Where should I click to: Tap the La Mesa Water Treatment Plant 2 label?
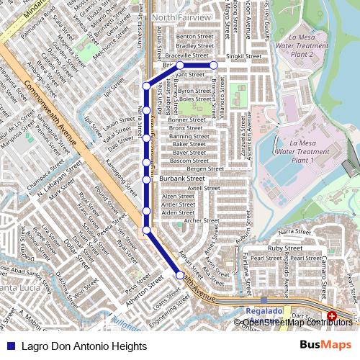coord(311,44)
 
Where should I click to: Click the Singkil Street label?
coord(243,55)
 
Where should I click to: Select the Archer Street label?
coord(201,221)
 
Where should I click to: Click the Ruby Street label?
coord(284,248)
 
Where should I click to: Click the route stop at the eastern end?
coord(214,66)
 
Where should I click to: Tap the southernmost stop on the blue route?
coord(180,275)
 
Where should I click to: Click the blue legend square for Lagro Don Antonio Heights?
coord(9,346)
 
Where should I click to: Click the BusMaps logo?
coord(325,345)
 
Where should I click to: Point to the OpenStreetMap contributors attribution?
coord(297,322)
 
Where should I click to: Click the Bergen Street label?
coord(205,168)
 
